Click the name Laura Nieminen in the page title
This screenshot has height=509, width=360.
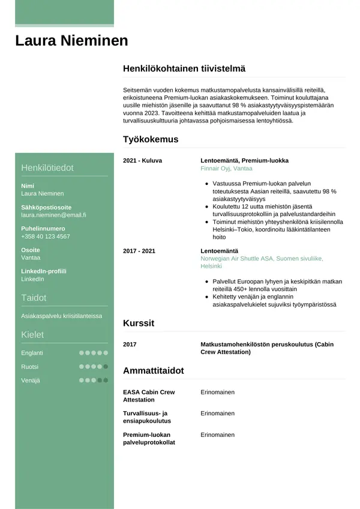point(71,41)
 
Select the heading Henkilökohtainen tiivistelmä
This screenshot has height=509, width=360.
point(184,69)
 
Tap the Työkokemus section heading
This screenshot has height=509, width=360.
point(151,139)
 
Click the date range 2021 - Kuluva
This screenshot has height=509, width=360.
point(142,161)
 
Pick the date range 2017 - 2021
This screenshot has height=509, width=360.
point(139,250)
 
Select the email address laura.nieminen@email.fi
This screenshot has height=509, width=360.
point(53,215)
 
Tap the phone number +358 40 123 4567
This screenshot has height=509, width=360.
point(46,236)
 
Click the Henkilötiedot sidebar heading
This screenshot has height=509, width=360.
point(47,167)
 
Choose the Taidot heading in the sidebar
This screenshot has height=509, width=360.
point(34,298)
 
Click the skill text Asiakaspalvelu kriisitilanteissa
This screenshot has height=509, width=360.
point(62,316)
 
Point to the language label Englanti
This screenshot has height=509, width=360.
point(32,353)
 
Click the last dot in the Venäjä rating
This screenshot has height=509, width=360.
point(106,380)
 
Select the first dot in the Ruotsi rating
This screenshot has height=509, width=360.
point(81,366)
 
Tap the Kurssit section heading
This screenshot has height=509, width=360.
point(139,323)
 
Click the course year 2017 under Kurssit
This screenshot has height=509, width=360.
point(130,345)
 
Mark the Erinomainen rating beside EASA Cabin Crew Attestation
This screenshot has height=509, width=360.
point(217,392)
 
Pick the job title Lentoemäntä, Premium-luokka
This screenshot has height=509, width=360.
point(244,161)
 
